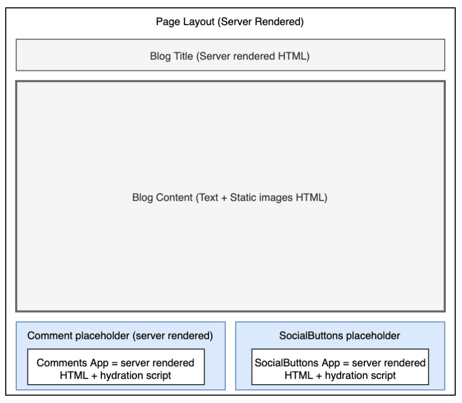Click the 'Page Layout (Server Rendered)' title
point(230,22)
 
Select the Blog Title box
point(230,55)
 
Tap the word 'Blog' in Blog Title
point(160,56)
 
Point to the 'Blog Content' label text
point(230,198)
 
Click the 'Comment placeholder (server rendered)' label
point(120,336)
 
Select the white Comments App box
point(116,367)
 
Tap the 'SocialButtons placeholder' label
point(340,336)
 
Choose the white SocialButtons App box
point(340,367)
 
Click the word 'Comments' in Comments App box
point(62,363)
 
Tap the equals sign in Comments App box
point(114,363)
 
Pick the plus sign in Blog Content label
point(224,198)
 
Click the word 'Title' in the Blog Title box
point(183,56)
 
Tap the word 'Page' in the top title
point(168,22)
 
